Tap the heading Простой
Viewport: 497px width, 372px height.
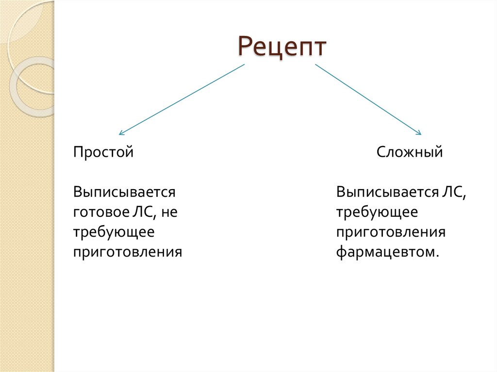[103, 152]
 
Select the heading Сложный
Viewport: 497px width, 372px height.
[410, 152]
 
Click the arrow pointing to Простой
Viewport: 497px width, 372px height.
[182, 99]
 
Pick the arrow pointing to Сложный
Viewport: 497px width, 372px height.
[368, 99]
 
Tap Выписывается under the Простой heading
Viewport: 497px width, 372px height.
[124, 192]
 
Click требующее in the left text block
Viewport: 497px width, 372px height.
[114, 232]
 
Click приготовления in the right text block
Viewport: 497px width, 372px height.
[391, 232]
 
